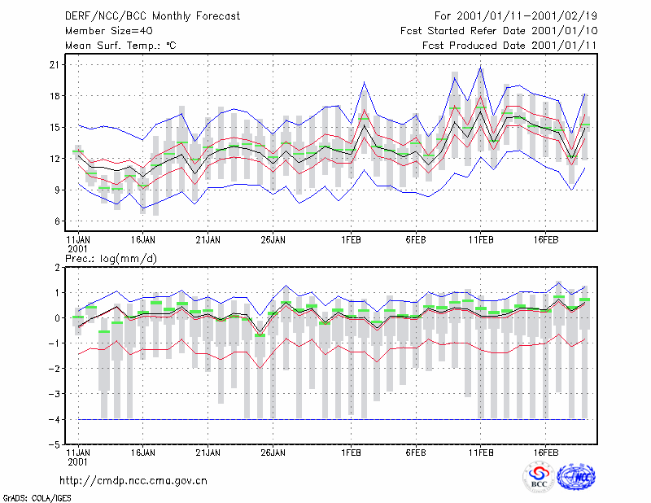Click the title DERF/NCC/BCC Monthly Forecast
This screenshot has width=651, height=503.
click(152, 16)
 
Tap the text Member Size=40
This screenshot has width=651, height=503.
click(109, 31)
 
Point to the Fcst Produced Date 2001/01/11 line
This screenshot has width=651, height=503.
click(509, 46)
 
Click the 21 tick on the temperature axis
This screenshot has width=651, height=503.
click(55, 65)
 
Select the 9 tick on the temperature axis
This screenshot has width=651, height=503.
click(57, 190)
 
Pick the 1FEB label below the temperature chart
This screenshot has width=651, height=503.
click(351, 240)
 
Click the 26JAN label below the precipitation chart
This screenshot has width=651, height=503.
click(273, 453)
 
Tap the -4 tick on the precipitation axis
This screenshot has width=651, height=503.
click(54, 419)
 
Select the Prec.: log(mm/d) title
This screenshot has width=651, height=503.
click(111, 259)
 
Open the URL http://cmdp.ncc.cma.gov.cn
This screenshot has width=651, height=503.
click(133, 481)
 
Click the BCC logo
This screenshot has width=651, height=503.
click(539, 477)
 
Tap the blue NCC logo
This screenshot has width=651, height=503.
click(576, 477)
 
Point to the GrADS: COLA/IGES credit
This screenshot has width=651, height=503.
click(37, 498)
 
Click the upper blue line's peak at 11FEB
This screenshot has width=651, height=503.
click(481, 68)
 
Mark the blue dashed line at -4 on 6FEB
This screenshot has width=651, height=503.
click(416, 419)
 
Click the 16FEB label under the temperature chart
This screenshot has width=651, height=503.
click(545, 240)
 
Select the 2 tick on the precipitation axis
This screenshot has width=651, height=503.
click(57, 267)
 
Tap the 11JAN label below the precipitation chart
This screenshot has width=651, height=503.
click(78, 453)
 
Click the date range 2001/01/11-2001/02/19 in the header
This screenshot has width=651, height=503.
click(526, 16)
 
